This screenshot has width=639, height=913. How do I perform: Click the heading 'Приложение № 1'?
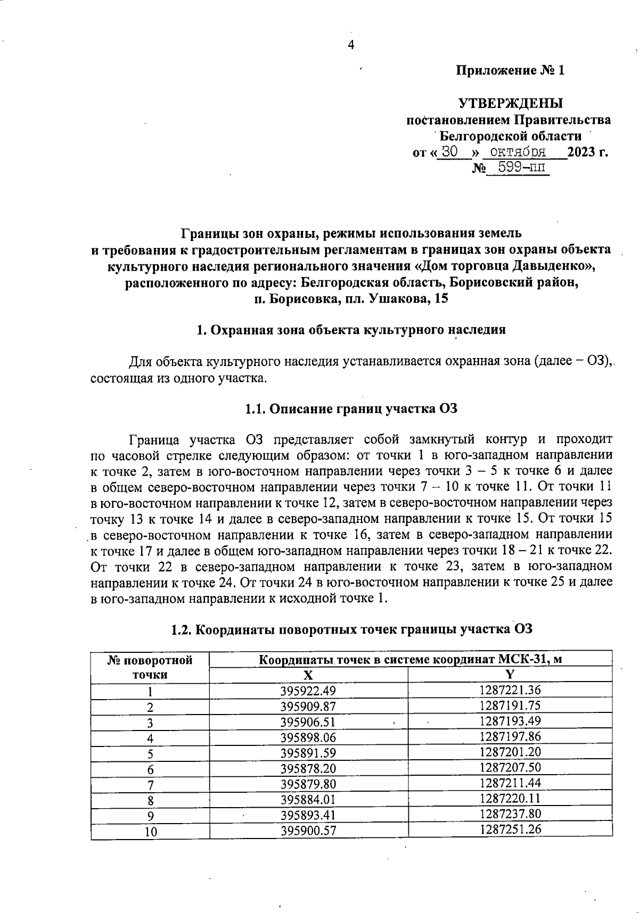tap(510, 71)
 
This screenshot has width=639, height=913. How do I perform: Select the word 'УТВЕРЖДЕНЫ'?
tap(511, 103)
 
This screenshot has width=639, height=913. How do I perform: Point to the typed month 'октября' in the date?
tap(518, 152)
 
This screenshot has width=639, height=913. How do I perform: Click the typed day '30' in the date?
tap(450, 152)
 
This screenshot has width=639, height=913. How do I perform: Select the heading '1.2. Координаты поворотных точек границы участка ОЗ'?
tap(351, 629)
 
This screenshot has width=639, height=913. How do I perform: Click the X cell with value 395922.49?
tap(308, 691)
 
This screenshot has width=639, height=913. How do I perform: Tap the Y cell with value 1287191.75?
tap(510, 706)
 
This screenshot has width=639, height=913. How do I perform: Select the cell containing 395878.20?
tap(308, 768)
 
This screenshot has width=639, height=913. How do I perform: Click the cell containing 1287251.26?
tap(510, 830)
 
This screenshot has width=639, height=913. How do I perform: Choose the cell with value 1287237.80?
tap(510, 814)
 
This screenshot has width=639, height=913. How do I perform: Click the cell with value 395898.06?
tap(308, 737)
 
